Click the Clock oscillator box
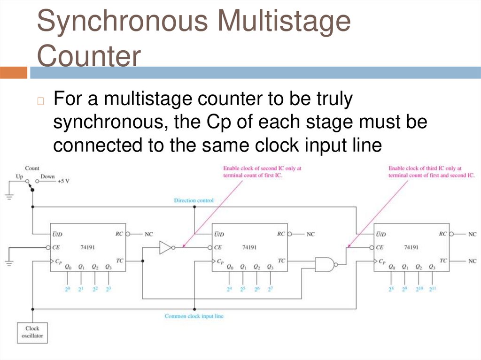pyautogui.click(x=32, y=332)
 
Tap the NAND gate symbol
pyautogui.click(x=325, y=265)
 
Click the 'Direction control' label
pyautogui.click(x=194, y=200)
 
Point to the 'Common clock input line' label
pyautogui.click(x=194, y=316)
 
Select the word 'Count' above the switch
pyautogui.click(x=32, y=168)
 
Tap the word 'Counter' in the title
pyautogui.click(x=89, y=56)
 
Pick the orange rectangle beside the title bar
pyautogui.click(x=14, y=73)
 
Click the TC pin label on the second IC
pyautogui.click(x=281, y=260)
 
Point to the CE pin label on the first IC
pyautogui.click(x=56, y=247)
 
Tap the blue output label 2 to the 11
pyautogui.click(x=432, y=289)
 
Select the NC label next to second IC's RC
pyautogui.click(x=310, y=234)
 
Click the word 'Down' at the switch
pyautogui.click(x=47, y=176)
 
